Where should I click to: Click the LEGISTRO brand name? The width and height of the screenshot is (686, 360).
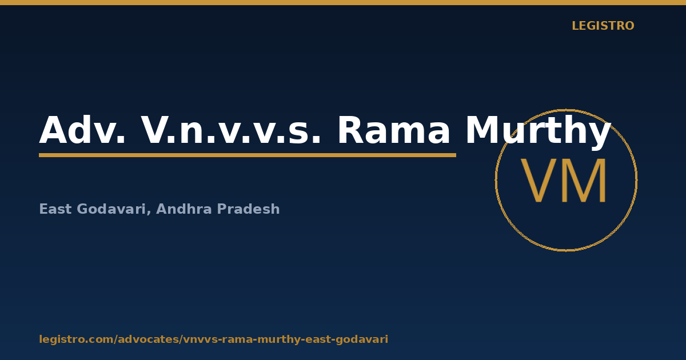603,26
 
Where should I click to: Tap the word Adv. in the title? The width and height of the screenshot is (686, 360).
82,130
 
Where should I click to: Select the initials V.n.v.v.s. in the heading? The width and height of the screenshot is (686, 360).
231,130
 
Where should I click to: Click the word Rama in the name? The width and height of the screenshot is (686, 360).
393,130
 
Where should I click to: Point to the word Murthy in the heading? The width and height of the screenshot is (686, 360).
539,132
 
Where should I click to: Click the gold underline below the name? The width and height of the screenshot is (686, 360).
248,155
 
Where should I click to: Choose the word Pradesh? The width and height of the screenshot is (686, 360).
248,209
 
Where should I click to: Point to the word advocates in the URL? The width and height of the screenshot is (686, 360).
149,339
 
